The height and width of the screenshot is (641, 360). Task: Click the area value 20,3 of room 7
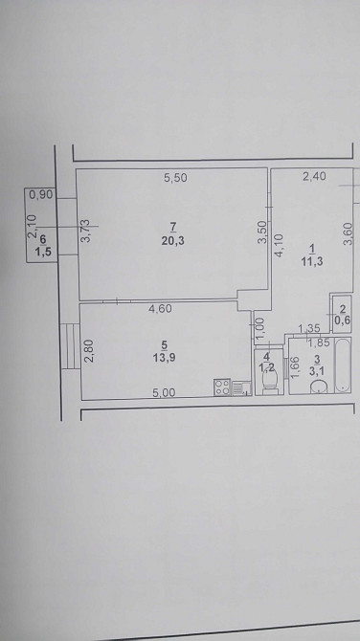173,240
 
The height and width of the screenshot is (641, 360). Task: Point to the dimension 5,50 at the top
173,176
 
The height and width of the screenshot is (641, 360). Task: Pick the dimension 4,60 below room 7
160,310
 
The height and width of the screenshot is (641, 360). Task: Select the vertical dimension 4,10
280,249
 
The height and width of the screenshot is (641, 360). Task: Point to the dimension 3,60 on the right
349,233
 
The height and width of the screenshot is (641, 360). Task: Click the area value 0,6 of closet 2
342,321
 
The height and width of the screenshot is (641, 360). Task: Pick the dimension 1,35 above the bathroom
308,330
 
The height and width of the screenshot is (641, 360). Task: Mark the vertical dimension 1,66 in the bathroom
296,367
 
